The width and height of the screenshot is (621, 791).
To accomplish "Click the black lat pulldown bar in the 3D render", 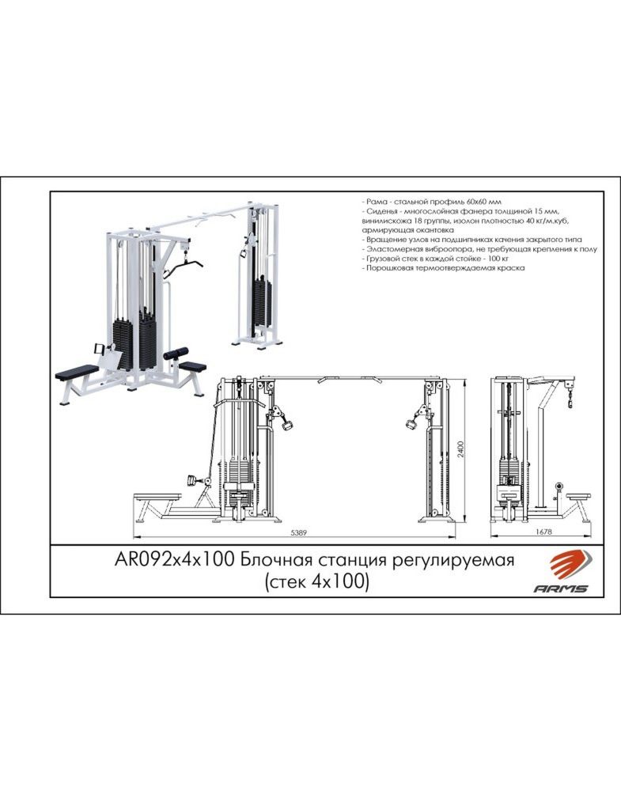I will [183, 267].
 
